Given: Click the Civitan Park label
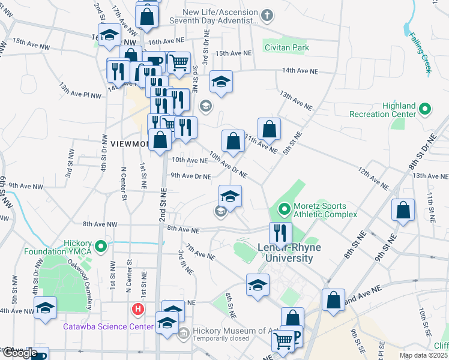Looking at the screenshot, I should pyautogui.click(x=287, y=47).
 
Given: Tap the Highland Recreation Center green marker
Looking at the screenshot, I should pyautogui.click(x=425, y=110).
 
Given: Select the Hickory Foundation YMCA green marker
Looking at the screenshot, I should pyautogui.click(x=101, y=246).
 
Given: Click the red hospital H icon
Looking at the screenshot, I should pyautogui.click(x=137, y=310).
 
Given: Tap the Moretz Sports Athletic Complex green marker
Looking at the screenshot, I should pyautogui.click(x=284, y=210).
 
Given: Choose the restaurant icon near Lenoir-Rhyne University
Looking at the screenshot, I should pyautogui.click(x=280, y=233).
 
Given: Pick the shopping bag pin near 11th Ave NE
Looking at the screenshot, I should pyautogui.click(x=270, y=128).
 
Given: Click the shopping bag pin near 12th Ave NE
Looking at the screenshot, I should pyautogui.click(x=403, y=210).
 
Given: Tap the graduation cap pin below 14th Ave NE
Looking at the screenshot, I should pyautogui.click(x=221, y=82).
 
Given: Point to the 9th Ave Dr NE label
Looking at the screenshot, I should pyautogui.click(x=190, y=176).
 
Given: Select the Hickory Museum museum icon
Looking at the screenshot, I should pyautogui.click(x=184, y=331).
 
